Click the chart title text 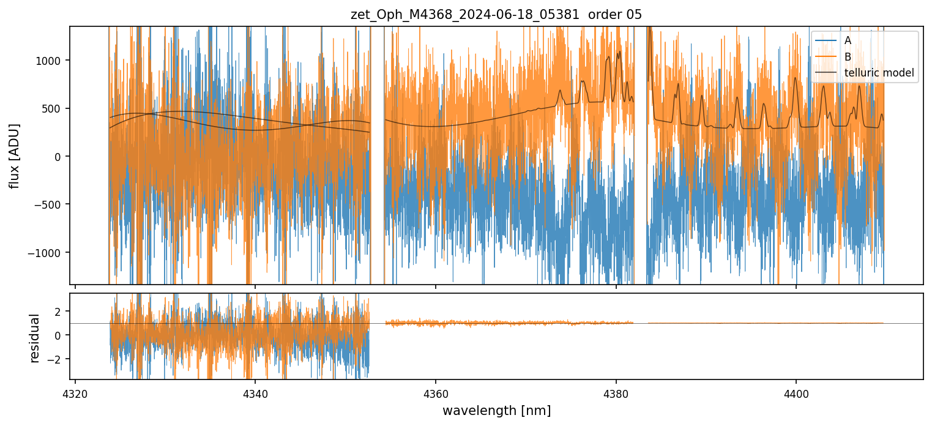pos(496,15)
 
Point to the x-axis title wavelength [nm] pos(496,411)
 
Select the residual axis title pos(35,338)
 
